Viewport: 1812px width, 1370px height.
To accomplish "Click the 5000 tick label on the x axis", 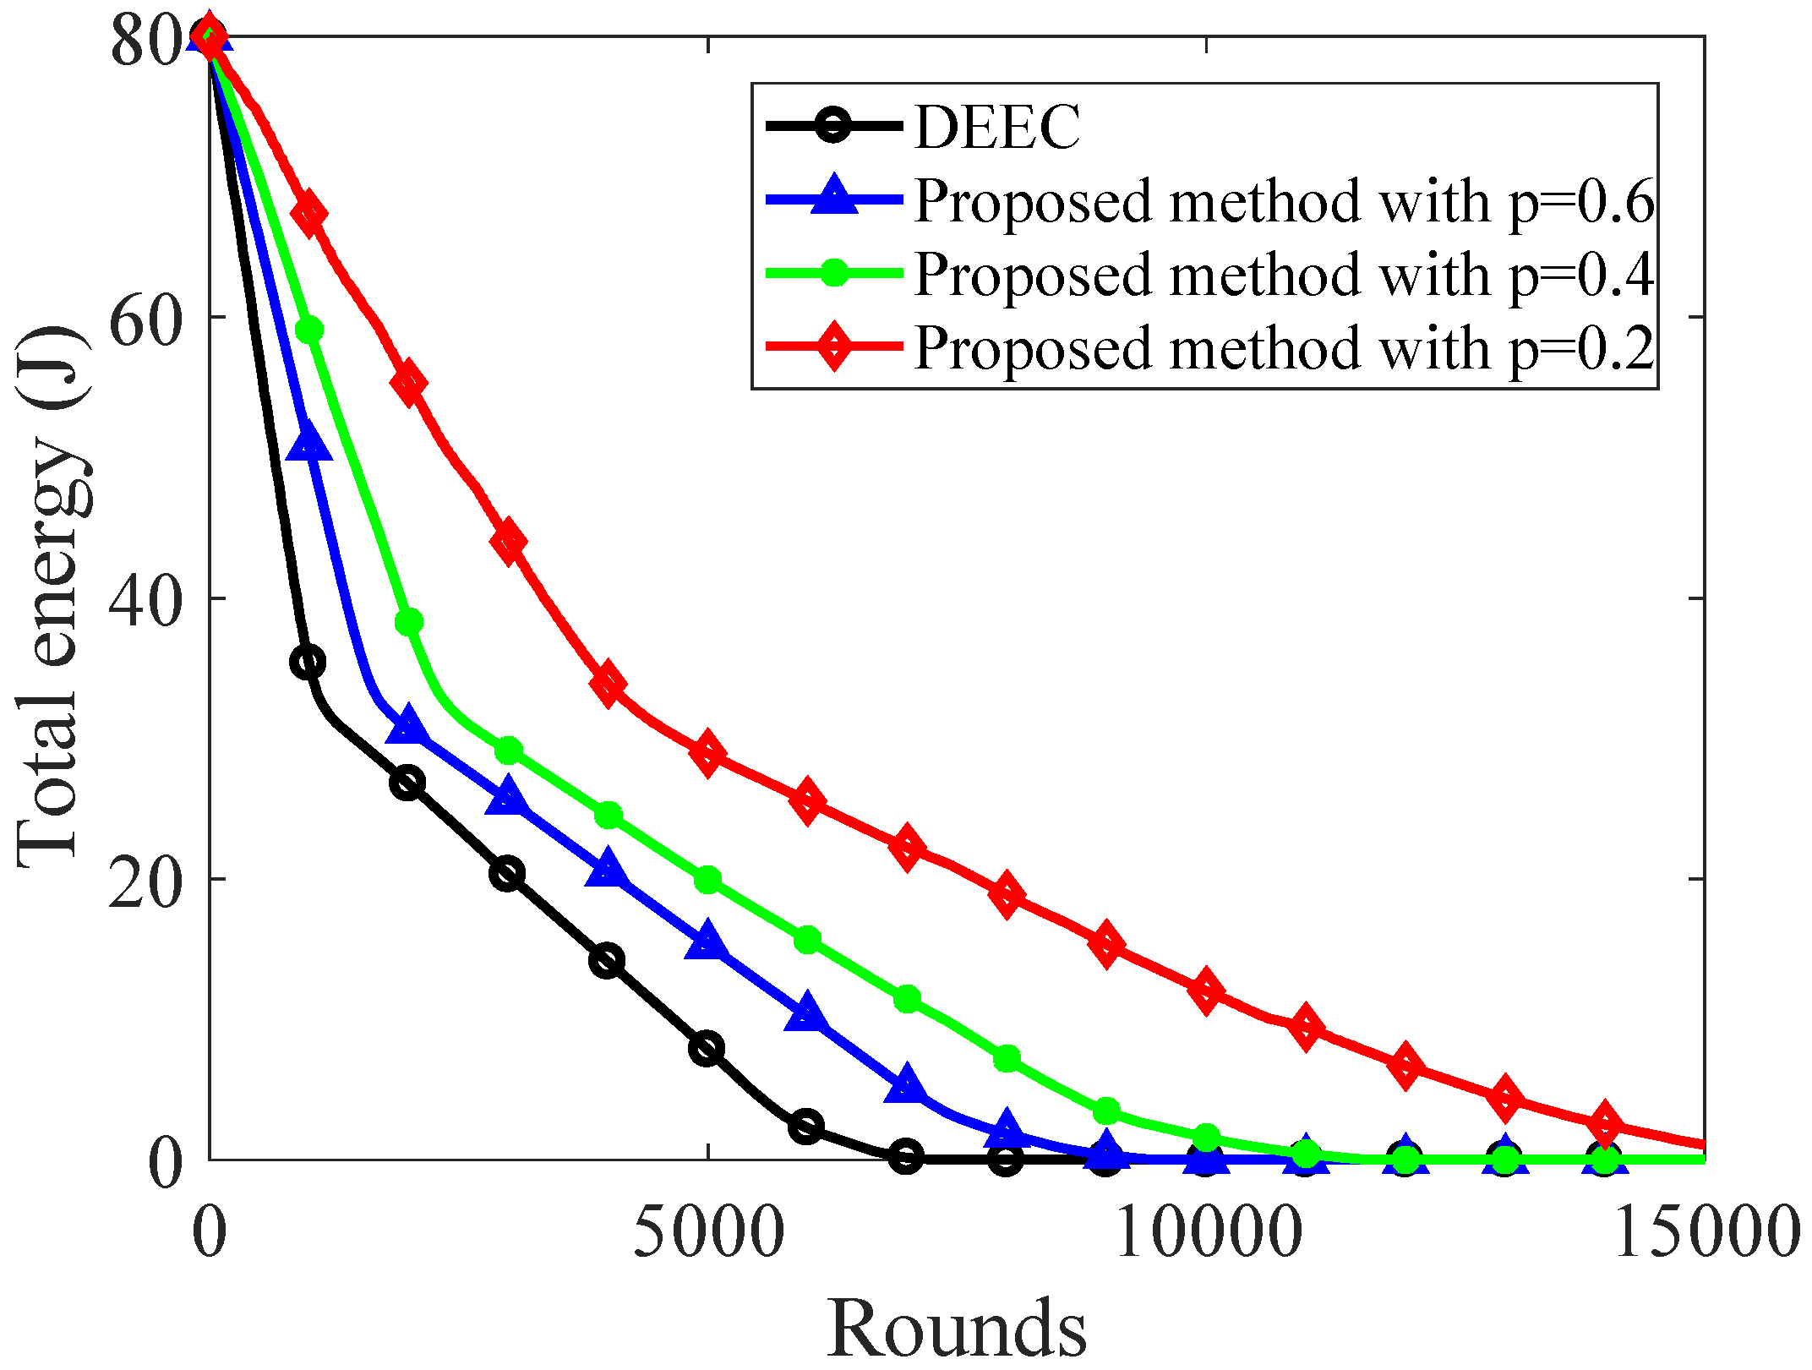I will click(708, 1233).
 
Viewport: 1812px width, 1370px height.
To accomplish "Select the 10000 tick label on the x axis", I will click(1207, 1233).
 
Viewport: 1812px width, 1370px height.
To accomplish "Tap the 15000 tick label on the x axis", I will click(1706, 1233).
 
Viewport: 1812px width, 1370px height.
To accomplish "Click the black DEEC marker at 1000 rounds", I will click(308, 662).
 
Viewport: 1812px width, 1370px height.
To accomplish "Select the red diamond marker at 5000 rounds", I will click(707, 752).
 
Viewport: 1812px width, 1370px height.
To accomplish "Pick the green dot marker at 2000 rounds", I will click(408, 623).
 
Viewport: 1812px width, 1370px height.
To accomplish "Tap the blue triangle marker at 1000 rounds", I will click(309, 441).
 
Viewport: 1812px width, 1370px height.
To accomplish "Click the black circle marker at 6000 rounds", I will click(806, 1127).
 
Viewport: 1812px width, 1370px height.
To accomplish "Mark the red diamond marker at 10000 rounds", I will click(1205, 991).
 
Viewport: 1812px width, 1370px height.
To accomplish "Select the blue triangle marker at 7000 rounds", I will click(906, 1085).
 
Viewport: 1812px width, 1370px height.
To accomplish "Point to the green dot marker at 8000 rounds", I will click(1006, 1058).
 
